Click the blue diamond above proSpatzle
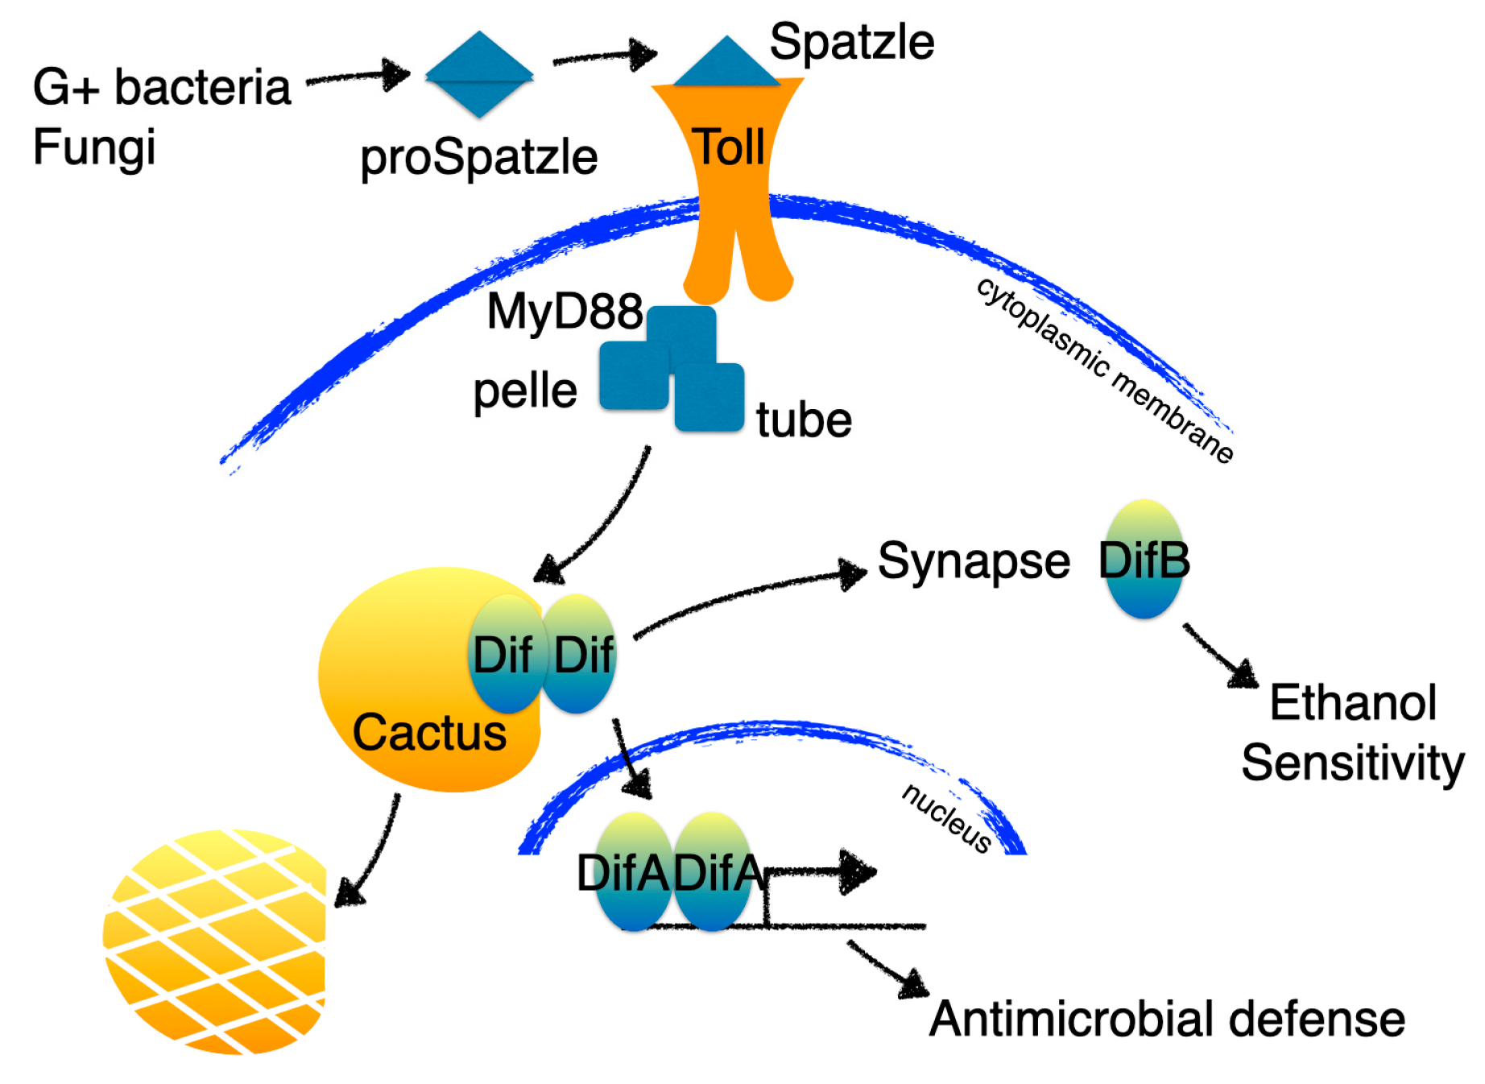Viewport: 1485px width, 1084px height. coord(479,75)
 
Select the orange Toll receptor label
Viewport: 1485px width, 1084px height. coord(730,147)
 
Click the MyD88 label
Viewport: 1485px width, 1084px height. coord(565,311)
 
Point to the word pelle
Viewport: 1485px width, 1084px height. coord(524,391)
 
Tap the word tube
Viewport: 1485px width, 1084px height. coord(803,420)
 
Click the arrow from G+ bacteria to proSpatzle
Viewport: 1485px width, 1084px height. coord(358,77)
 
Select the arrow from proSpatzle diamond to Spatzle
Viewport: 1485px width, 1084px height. coord(604,56)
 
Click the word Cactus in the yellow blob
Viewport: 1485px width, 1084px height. coord(429,732)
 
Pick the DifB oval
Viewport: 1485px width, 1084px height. coord(1144,560)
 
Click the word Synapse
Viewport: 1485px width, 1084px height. coord(973,561)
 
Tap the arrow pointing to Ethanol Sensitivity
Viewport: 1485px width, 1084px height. coord(1220,656)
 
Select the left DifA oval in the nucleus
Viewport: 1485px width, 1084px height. coord(633,872)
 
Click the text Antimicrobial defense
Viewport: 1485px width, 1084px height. coord(1167,1019)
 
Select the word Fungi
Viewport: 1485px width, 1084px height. coord(94,147)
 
